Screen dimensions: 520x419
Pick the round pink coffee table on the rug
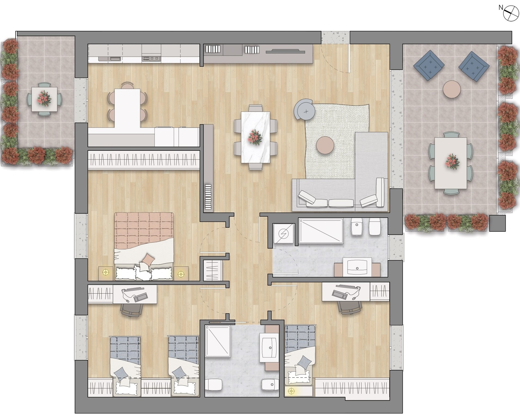(325, 145)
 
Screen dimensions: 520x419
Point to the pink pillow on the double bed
(148, 259)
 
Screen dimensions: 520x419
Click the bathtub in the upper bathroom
(321, 230)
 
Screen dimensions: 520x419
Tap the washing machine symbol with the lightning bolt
(284, 233)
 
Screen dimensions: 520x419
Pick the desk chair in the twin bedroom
(132, 310)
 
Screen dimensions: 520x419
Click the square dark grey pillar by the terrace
(497, 223)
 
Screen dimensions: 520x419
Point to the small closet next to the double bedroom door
(213, 270)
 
